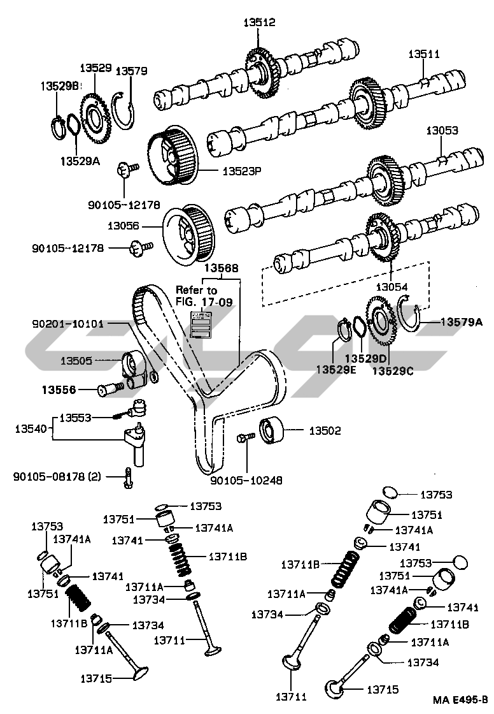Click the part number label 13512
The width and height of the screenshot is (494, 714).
(259, 22)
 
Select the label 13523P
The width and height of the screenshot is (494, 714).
(242, 171)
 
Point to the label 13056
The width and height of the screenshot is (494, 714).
(123, 226)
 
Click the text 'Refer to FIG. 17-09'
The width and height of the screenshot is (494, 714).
(196, 296)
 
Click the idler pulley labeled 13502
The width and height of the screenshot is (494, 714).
(271, 431)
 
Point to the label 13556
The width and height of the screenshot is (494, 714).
(59, 388)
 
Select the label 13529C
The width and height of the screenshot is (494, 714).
(392, 370)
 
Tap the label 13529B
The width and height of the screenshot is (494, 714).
(59, 86)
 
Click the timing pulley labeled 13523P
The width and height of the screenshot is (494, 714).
(173, 156)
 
